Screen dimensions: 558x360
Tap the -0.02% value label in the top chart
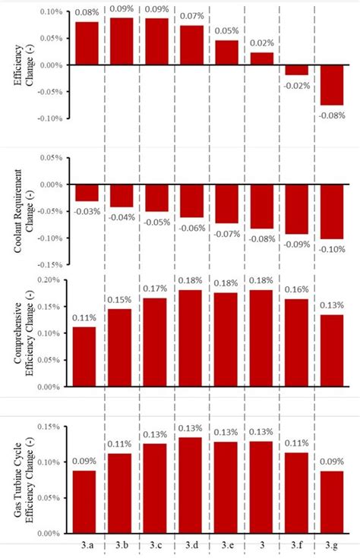(296, 85)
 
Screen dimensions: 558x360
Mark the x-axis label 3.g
(331, 546)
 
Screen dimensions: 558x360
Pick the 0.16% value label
(296, 290)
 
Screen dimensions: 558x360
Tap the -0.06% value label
(191, 228)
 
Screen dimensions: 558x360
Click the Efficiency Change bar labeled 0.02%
(261, 58)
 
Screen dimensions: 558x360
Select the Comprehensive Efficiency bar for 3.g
(331, 351)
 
